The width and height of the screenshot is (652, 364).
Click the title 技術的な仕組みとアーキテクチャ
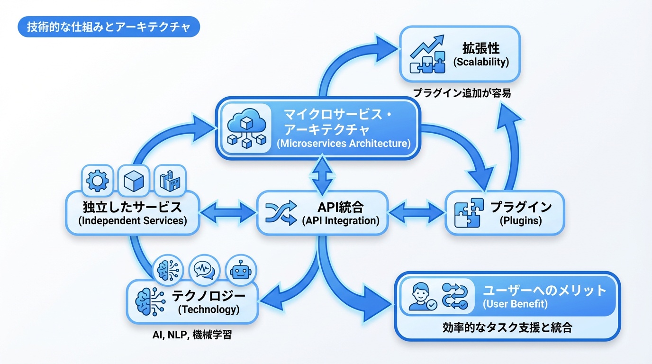coord(109,27)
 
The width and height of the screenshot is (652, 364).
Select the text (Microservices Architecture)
coord(344,144)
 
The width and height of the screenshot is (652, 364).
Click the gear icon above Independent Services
coord(98,180)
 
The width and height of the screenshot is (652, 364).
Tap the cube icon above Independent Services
coord(134,180)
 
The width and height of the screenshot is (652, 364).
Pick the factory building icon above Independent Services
coord(170,180)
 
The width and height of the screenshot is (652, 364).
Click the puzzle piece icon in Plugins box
coord(469,213)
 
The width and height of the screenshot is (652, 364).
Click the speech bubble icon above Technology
coord(204,270)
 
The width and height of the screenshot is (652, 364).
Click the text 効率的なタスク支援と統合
coord(507,328)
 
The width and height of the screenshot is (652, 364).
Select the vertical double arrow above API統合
coord(322,175)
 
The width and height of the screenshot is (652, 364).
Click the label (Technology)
coord(208,310)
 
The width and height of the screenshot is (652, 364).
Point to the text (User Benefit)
coord(515,304)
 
